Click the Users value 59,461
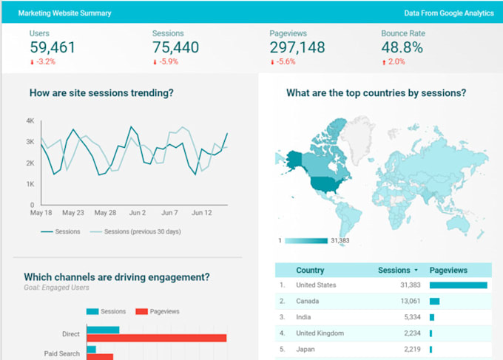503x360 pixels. tap(52, 48)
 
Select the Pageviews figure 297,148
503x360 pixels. tap(297, 48)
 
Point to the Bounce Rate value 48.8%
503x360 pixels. tap(402, 48)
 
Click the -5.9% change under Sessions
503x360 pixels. tap(167, 62)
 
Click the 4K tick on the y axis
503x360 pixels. tap(30, 120)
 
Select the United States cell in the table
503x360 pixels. tap(316, 285)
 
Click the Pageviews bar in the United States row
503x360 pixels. tap(458, 285)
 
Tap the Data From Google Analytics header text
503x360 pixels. tap(449, 13)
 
